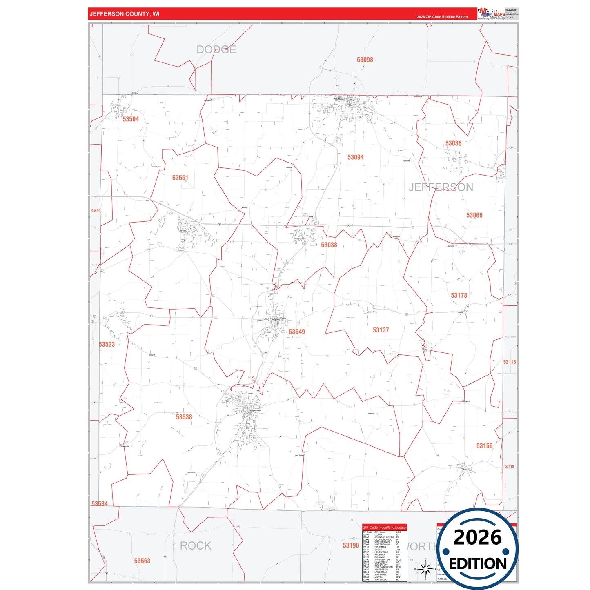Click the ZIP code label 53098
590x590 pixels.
(x=365, y=60)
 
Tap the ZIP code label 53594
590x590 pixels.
(x=131, y=119)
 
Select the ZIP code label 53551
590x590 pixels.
(x=180, y=178)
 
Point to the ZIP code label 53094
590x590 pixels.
(x=355, y=157)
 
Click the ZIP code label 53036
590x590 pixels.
(x=453, y=143)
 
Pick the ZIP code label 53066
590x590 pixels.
(x=474, y=215)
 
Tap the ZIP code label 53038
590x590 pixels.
(x=329, y=245)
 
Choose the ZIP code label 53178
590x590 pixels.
(x=459, y=295)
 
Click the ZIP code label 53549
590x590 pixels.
(x=296, y=332)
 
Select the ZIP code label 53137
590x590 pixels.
(x=381, y=330)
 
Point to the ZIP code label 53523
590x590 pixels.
(x=107, y=344)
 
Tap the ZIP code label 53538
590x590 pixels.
(x=184, y=417)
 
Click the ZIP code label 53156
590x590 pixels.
(x=484, y=445)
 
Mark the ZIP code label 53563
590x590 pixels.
(x=142, y=561)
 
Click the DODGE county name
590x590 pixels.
(x=216, y=49)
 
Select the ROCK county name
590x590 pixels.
(x=196, y=545)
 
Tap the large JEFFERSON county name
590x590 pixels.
(x=441, y=187)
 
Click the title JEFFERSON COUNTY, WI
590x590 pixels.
(x=125, y=14)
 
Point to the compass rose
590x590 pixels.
(x=425, y=568)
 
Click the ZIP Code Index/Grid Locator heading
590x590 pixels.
(x=385, y=528)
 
